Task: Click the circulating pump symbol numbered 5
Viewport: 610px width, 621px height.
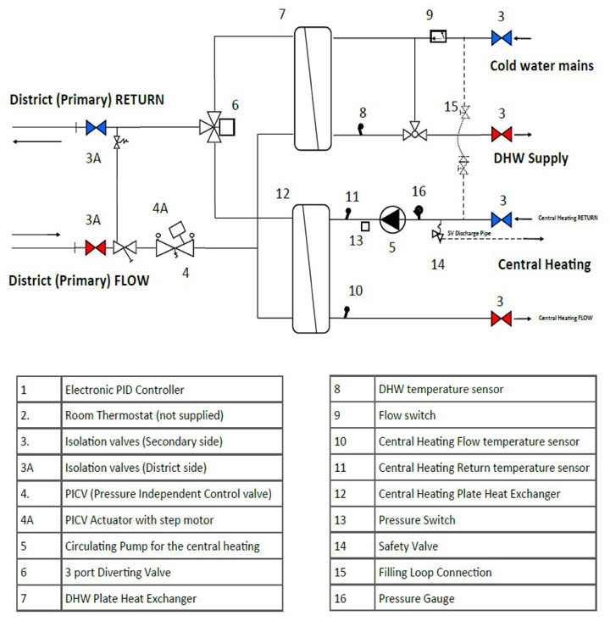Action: point(392,219)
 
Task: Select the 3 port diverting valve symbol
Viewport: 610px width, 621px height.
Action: point(214,127)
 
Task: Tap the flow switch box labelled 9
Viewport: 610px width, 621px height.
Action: point(438,36)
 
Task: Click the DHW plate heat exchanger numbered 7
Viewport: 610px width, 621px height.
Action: point(313,88)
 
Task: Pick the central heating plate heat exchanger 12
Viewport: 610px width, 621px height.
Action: point(311,269)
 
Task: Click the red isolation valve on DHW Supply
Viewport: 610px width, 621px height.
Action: point(502,134)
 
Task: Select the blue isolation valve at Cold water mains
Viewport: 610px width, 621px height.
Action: point(502,38)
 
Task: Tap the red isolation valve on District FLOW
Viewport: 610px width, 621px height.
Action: point(96,248)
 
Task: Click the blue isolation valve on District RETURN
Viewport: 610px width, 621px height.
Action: point(96,128)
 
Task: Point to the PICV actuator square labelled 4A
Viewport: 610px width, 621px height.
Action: point(177,229)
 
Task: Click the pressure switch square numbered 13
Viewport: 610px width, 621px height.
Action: point(365,226)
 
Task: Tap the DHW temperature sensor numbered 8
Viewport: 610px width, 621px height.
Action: point(361,129)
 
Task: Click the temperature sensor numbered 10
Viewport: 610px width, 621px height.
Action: point(347,312)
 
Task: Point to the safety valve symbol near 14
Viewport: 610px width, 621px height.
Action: point(438,232)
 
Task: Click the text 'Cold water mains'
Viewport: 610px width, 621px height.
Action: point(541,66)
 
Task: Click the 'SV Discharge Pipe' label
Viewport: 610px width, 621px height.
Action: point(469,233)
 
